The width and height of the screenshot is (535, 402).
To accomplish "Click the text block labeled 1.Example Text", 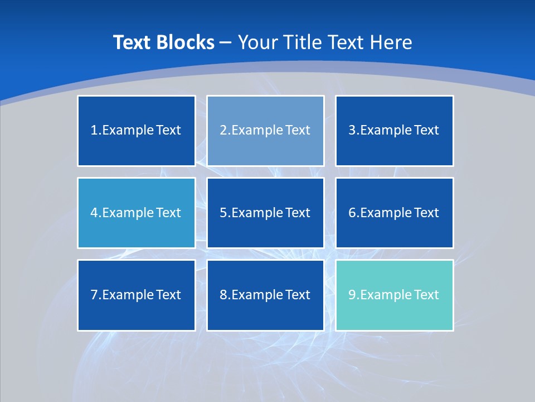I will [x=136, y=131].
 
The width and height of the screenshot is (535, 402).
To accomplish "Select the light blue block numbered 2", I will [x=265, y=131].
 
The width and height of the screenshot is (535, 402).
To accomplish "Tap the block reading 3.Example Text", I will [x=394, y=131].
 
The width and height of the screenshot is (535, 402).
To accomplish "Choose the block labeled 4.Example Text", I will [x=136, y=213].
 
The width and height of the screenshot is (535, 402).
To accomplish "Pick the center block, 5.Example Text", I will [x=265, y=213].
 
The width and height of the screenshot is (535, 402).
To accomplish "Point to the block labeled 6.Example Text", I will [x=394, y=213].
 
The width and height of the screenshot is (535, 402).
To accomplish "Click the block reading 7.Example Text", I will [x=136, y=295].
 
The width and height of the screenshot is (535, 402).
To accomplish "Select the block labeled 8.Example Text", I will [x=265, y=295].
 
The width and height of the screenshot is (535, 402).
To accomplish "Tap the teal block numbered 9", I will [x=394, y=295].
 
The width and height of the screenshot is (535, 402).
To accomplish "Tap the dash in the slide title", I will [x=226, y=42].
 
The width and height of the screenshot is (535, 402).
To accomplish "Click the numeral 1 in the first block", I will [x=94, y=131].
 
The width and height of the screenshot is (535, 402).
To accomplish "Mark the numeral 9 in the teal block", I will [x=352, y=295].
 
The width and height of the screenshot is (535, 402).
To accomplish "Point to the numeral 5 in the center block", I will [x=223, y=213].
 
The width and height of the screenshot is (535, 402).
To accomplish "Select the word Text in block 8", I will [x=298, y=295].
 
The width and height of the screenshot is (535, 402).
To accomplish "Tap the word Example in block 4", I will [x=127, y=213].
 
